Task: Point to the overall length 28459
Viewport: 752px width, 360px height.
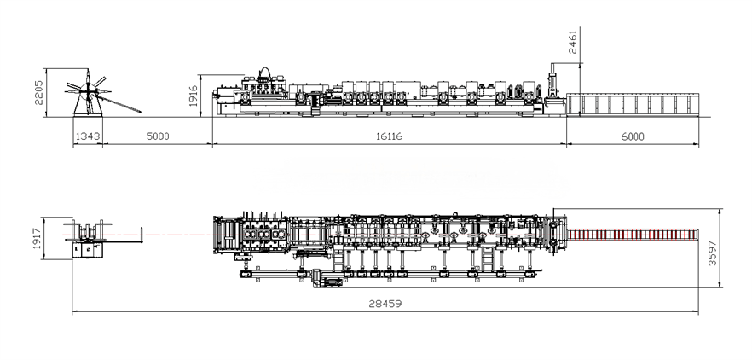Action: click(x=385, y=303)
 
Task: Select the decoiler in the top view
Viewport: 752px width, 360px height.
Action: click(x=88, y=236)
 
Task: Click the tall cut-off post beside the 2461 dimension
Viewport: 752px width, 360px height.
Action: click(x=551, y=91)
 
